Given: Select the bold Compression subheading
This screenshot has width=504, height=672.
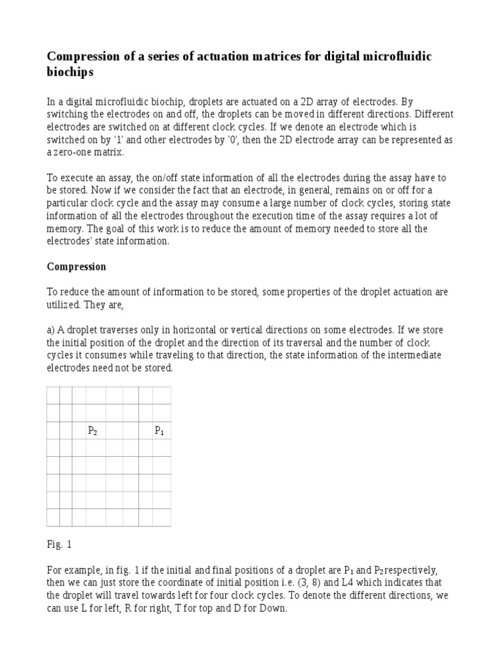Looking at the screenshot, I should coord(77,267).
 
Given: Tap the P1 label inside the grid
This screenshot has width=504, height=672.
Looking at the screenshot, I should coord(159,431).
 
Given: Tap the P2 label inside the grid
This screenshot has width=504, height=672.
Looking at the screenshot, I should coord(93,431).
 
